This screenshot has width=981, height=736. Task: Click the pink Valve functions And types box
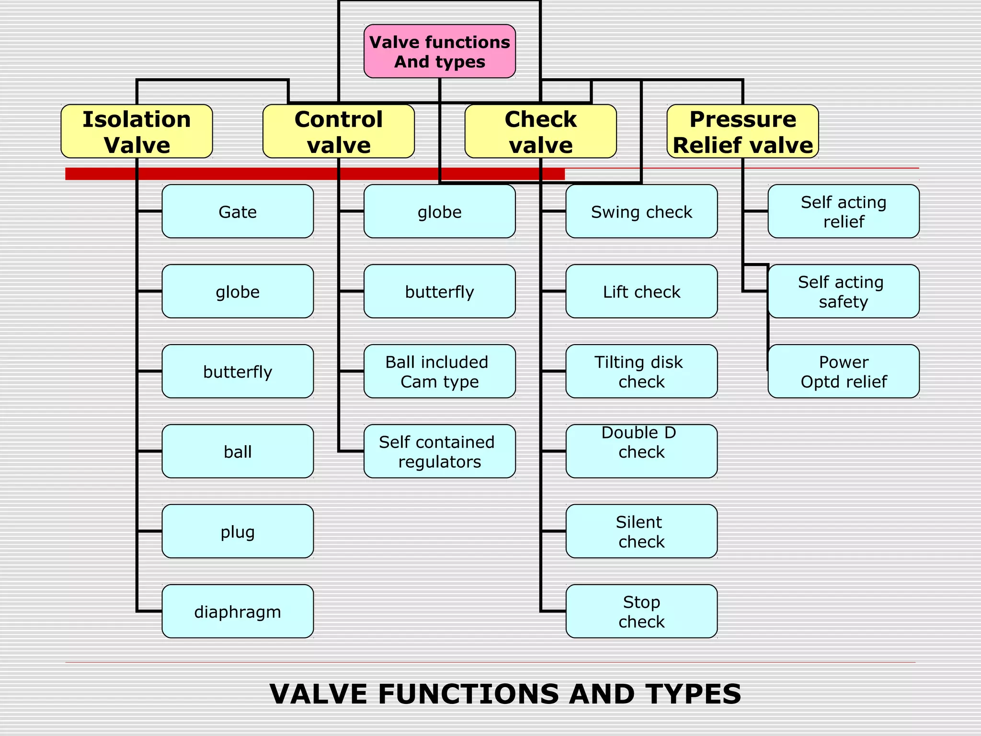[x=439, y=51]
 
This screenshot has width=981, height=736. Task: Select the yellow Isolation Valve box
[x=137, y=131]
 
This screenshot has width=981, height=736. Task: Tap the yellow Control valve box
[x=338, y=131]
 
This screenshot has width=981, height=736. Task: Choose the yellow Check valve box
[x=540, y=131]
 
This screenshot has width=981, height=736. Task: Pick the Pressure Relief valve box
[x=742, y=131]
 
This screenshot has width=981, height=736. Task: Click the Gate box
[x=238, y=211]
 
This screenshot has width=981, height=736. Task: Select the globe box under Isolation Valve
[x=238, y=291]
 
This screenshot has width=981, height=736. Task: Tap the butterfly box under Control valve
[x=439, y=291]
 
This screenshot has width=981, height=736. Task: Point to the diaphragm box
[x=238, y=611]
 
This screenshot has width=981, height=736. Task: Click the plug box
[x=238, y=531]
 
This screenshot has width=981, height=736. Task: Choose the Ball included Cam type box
[x=439, y=371]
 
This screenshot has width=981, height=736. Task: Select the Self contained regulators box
[x=439, y=451]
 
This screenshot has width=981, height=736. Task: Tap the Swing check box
[x=641, y=211]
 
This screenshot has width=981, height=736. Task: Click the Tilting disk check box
[x=641, y=371]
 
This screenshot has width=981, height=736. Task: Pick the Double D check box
[x=641, y=451]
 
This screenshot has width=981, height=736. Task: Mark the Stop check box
[x=641, y=611]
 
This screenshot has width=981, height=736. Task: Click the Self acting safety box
[x=843, y=291]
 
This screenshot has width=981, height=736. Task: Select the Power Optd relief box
[x=843, y=371]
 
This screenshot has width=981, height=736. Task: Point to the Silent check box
[x=641, y=531]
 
